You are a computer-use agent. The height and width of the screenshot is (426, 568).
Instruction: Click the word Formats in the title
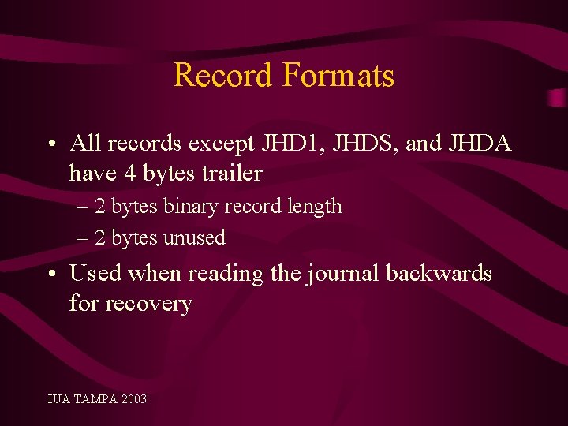tap(338, 76)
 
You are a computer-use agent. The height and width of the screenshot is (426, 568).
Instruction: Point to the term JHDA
tap(480, 144)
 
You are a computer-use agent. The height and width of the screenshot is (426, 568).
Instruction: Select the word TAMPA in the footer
tap(94, 399)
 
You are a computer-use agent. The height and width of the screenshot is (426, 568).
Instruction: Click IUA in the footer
tap(58, 399)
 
